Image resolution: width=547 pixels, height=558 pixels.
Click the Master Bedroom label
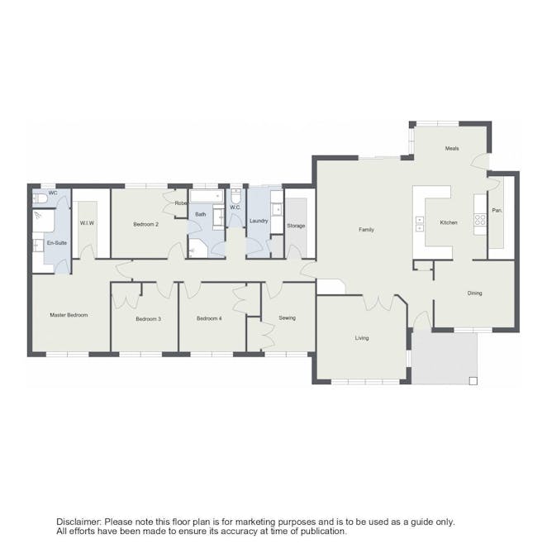(69, 315)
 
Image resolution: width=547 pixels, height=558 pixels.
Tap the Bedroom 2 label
(145, 224)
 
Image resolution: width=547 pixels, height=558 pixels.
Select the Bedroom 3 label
(148, 319)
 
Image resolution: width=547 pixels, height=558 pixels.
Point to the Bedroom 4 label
(209, 318)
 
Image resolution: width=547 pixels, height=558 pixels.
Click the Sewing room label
(287, 317)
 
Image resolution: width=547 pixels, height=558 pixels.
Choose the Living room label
(362, 338)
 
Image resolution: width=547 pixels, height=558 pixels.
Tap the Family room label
(366, 230)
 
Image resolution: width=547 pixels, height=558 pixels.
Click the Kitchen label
(449, 222)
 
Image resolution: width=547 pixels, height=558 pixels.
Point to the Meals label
(452, 149)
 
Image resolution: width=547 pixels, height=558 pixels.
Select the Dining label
(474, 293)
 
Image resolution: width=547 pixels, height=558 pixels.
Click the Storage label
(296, 226)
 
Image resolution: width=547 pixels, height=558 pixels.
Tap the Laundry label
(259, 221)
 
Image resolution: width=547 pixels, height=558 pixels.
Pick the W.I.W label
(87, 223)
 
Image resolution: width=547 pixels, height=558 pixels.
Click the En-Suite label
(57, 243)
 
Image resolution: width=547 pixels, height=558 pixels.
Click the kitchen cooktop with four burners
(480, 219)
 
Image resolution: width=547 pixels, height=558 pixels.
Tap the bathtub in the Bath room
(207, 196)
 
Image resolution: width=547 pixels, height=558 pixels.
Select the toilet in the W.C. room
(235, 195)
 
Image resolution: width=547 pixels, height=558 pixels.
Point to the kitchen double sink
(420, 224)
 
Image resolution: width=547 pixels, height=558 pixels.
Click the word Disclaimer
(78, 522)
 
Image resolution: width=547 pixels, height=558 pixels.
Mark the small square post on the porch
(473, 381)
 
